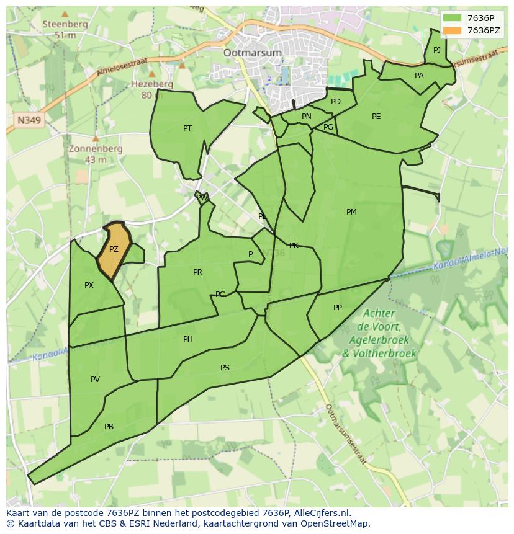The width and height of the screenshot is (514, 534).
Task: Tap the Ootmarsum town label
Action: click(253, 53)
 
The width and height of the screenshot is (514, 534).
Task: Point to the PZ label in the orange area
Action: click(114, 249)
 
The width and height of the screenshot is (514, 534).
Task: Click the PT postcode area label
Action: click(187, 128)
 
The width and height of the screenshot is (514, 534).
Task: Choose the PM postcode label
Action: click(351, 212)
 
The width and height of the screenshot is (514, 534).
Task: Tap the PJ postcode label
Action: click(437, 50)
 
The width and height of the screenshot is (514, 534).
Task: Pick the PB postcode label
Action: click(109, 427)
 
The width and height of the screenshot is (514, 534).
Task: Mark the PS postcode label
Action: click(225, 368)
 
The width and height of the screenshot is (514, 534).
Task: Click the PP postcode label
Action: click(338, 308)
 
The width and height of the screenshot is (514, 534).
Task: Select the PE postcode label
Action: click(376, 117)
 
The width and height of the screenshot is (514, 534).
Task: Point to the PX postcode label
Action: click(89, 285)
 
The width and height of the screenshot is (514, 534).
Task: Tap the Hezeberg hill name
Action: click(152, 84)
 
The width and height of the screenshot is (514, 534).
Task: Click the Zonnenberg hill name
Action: click(96, 149)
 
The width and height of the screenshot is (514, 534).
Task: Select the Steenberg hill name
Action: click(65, 24)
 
